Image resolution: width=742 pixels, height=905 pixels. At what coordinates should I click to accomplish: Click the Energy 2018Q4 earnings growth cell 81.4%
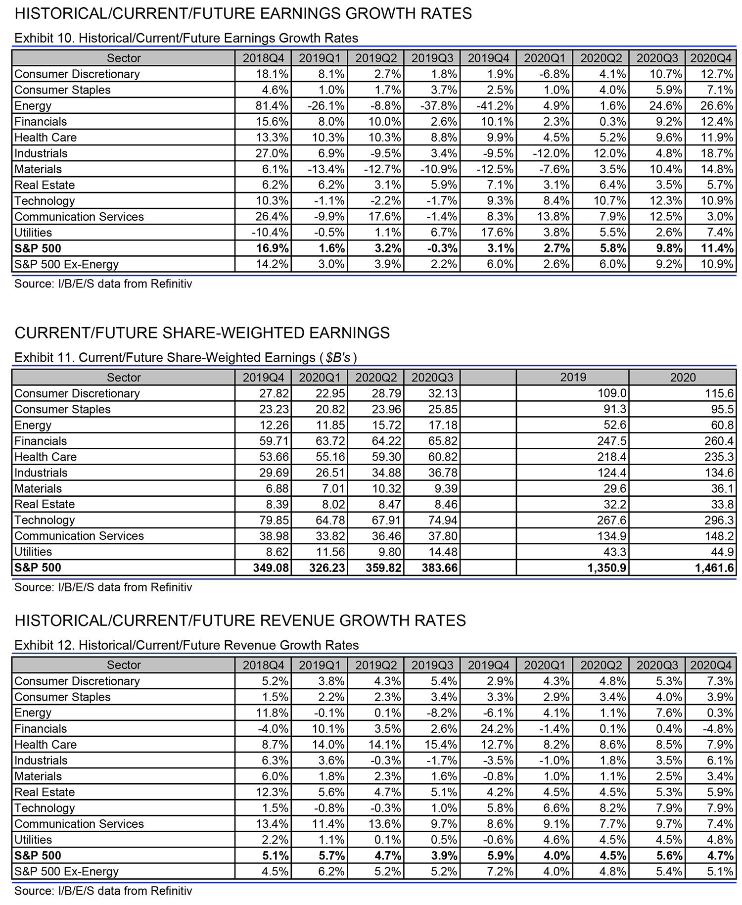270,106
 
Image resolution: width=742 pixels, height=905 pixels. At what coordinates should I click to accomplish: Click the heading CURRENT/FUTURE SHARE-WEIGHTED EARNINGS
202,333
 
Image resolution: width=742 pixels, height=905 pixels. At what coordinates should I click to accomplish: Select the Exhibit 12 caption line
186,645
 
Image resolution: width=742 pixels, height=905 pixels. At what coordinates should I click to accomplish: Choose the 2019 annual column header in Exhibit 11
573,378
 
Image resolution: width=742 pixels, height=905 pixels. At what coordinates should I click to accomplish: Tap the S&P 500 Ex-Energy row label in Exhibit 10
66,264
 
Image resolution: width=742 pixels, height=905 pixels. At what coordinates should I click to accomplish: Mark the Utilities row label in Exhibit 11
33,552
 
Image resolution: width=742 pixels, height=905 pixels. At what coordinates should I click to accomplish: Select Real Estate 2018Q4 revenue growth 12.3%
273,792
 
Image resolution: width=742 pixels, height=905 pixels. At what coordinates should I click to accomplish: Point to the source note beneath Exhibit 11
103,587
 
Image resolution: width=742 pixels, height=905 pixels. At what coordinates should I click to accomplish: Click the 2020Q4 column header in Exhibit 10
710,58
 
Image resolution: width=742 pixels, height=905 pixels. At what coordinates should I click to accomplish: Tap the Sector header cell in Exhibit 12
124,665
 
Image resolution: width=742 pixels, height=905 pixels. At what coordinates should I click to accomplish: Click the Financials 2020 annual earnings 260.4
716,441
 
